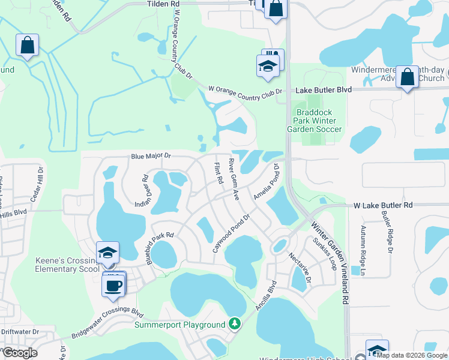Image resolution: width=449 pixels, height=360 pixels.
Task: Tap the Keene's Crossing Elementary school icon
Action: point(107,252)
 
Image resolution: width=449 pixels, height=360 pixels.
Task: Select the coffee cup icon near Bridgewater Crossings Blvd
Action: point(113,284)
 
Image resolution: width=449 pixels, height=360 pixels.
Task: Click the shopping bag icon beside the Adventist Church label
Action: point(407,77)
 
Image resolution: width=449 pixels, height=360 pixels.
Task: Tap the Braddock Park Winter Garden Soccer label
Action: point(318,121)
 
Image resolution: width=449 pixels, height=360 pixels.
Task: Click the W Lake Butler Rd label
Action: point(383,205)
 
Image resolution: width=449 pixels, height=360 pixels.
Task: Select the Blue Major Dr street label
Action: point(151,157)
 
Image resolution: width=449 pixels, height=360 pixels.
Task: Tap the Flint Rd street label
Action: point(219,173)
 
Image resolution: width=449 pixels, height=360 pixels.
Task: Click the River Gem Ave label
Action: point(234,179)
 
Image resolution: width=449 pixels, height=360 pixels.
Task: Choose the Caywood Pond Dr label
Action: point(231,233)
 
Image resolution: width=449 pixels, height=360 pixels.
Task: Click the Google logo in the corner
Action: point(20,353)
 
